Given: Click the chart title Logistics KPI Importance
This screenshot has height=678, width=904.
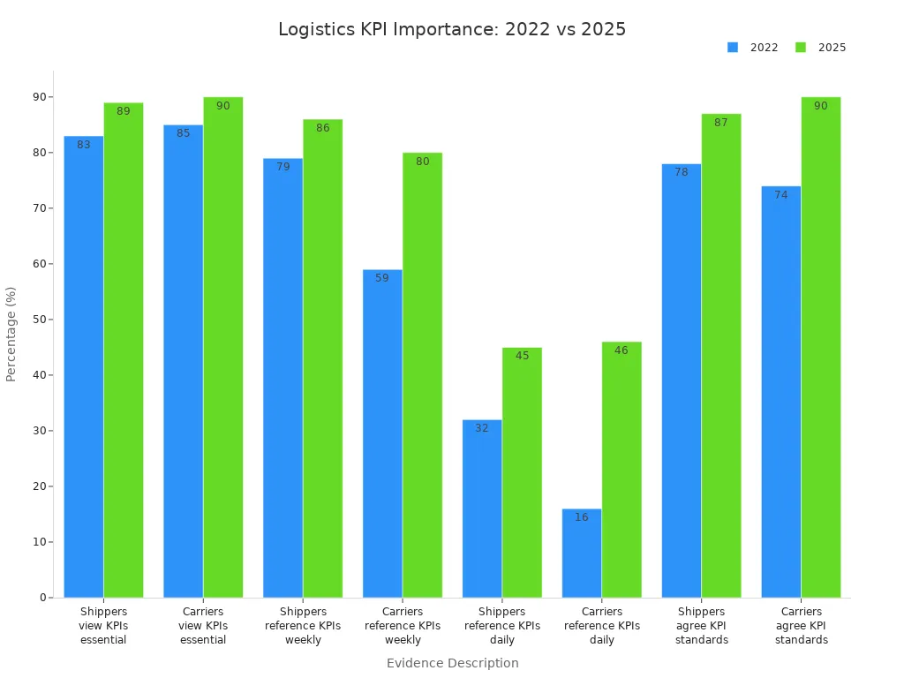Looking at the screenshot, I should click(x=452, y=29).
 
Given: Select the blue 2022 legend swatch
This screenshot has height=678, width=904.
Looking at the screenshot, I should click(x=733, y=48).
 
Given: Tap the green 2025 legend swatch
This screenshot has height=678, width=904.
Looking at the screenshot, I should click(x=801, y=48).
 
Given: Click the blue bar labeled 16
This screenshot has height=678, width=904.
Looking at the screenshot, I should click(x=582, y=554).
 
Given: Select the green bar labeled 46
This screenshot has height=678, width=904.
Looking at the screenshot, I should click(x=621, y=470).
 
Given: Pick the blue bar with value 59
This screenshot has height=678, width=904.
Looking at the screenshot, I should click(x=382, y=433).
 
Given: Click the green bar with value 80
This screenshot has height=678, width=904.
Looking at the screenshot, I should click(x=422, y=375).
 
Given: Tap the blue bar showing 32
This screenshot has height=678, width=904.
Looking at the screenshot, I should click(x=482, y=508).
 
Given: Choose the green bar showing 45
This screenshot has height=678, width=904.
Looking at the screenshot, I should click(x=522, y=472).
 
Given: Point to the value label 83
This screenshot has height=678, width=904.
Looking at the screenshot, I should click(x=84, y=145).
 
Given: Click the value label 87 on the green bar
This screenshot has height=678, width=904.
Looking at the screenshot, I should click(x=721, y=123).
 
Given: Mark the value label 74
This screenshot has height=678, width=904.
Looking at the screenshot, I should click(x=781, y=195).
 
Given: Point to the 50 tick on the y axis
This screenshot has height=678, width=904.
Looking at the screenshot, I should click(x=40, y=320).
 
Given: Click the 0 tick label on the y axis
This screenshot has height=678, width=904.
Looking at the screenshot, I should click(x=41, y=598).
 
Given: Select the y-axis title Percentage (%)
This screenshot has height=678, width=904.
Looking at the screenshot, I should click(x=11, y=334).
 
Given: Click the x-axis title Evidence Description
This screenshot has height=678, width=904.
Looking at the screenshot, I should click(x=452, y=663).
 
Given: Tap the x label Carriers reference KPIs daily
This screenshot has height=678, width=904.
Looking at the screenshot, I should click(x=602, y=626).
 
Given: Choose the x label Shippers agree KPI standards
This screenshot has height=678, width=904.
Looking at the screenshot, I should click(x=702, y=626).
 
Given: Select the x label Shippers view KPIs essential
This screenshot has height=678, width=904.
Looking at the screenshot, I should click(x=103, y=626).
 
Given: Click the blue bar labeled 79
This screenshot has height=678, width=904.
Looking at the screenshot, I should click(x=282, y=378).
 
